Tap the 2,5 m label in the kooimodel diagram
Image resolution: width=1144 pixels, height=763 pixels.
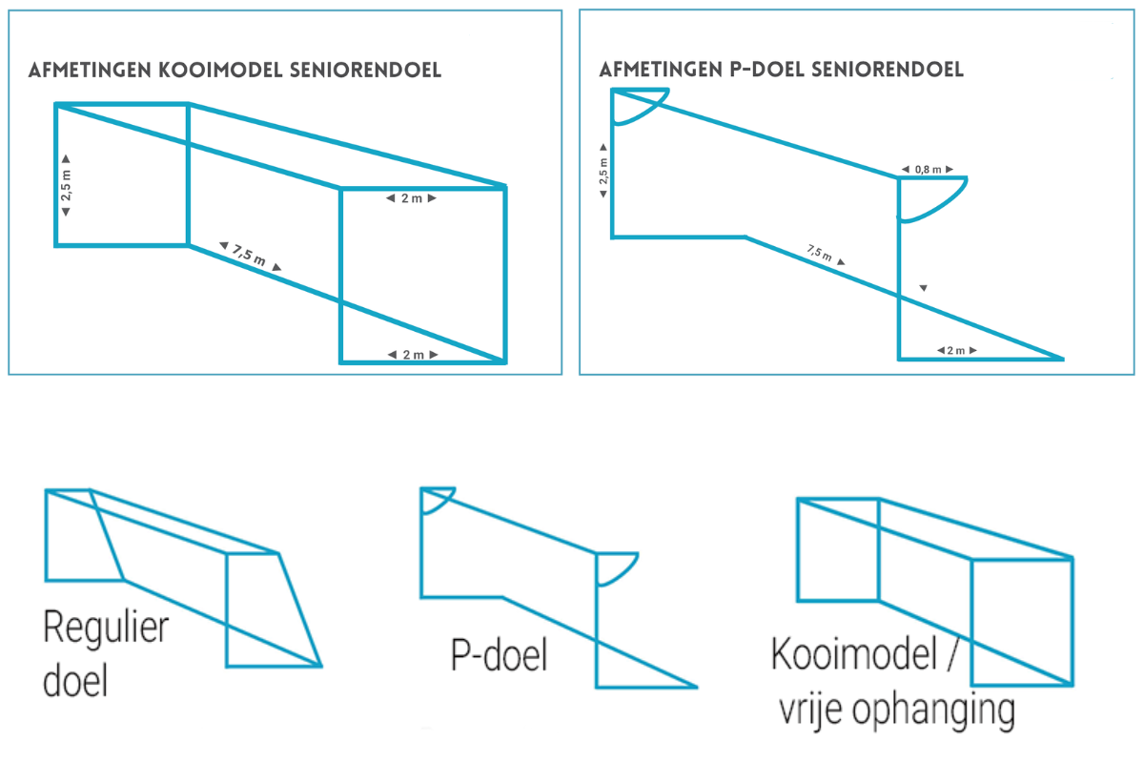(x=65, y=184)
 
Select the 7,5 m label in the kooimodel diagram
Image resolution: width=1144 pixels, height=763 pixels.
(x=250, y=257)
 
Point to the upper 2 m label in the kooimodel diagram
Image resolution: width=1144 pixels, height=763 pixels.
(x=411, y=198)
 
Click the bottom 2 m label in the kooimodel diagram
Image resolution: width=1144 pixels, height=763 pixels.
(x=412, y=355)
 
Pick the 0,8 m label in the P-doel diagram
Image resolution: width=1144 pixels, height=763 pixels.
(x=928, y=170)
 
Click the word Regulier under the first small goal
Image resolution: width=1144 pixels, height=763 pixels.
(x=105, y=631)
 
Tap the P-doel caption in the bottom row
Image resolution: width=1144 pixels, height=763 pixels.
(x=499, y=656)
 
